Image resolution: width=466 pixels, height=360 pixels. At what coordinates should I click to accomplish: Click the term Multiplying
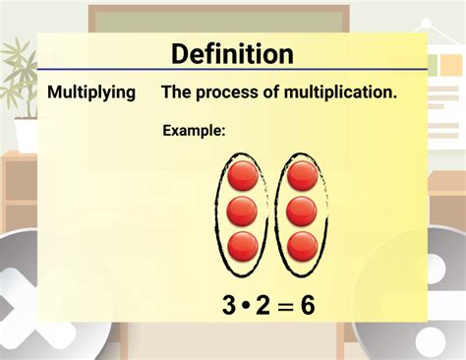(x=92, y=92)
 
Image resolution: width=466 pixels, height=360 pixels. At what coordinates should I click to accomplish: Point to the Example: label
(x=194, y=130)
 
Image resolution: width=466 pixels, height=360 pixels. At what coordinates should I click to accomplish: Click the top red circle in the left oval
(x=243, y=176)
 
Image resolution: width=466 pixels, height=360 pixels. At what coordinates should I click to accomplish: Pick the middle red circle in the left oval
(x=242, y=210)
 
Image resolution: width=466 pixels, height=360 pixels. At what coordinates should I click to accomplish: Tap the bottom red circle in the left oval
(x=243, y=245)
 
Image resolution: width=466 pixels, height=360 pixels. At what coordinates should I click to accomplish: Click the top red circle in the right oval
(x=302, y=176)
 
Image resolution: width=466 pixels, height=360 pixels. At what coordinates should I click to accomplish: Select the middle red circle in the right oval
(x=302, y=210)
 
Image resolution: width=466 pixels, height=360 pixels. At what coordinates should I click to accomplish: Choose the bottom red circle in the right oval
(x=302, y=245)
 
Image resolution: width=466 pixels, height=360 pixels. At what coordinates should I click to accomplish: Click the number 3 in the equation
(x=229, y=306)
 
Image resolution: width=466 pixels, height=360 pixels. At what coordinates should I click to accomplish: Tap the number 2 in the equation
(x=262, y=306)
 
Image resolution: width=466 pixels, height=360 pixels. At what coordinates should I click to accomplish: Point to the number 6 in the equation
(x=308, y=306)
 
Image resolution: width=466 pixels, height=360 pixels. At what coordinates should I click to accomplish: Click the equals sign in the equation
(x=285, y=307)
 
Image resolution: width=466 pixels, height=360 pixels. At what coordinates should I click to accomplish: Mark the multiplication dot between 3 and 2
(x=246, y=307)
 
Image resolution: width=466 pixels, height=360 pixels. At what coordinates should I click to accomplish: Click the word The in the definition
(x=177, y=92)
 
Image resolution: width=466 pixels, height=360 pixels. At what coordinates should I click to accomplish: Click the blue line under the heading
(x=232, y=70)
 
